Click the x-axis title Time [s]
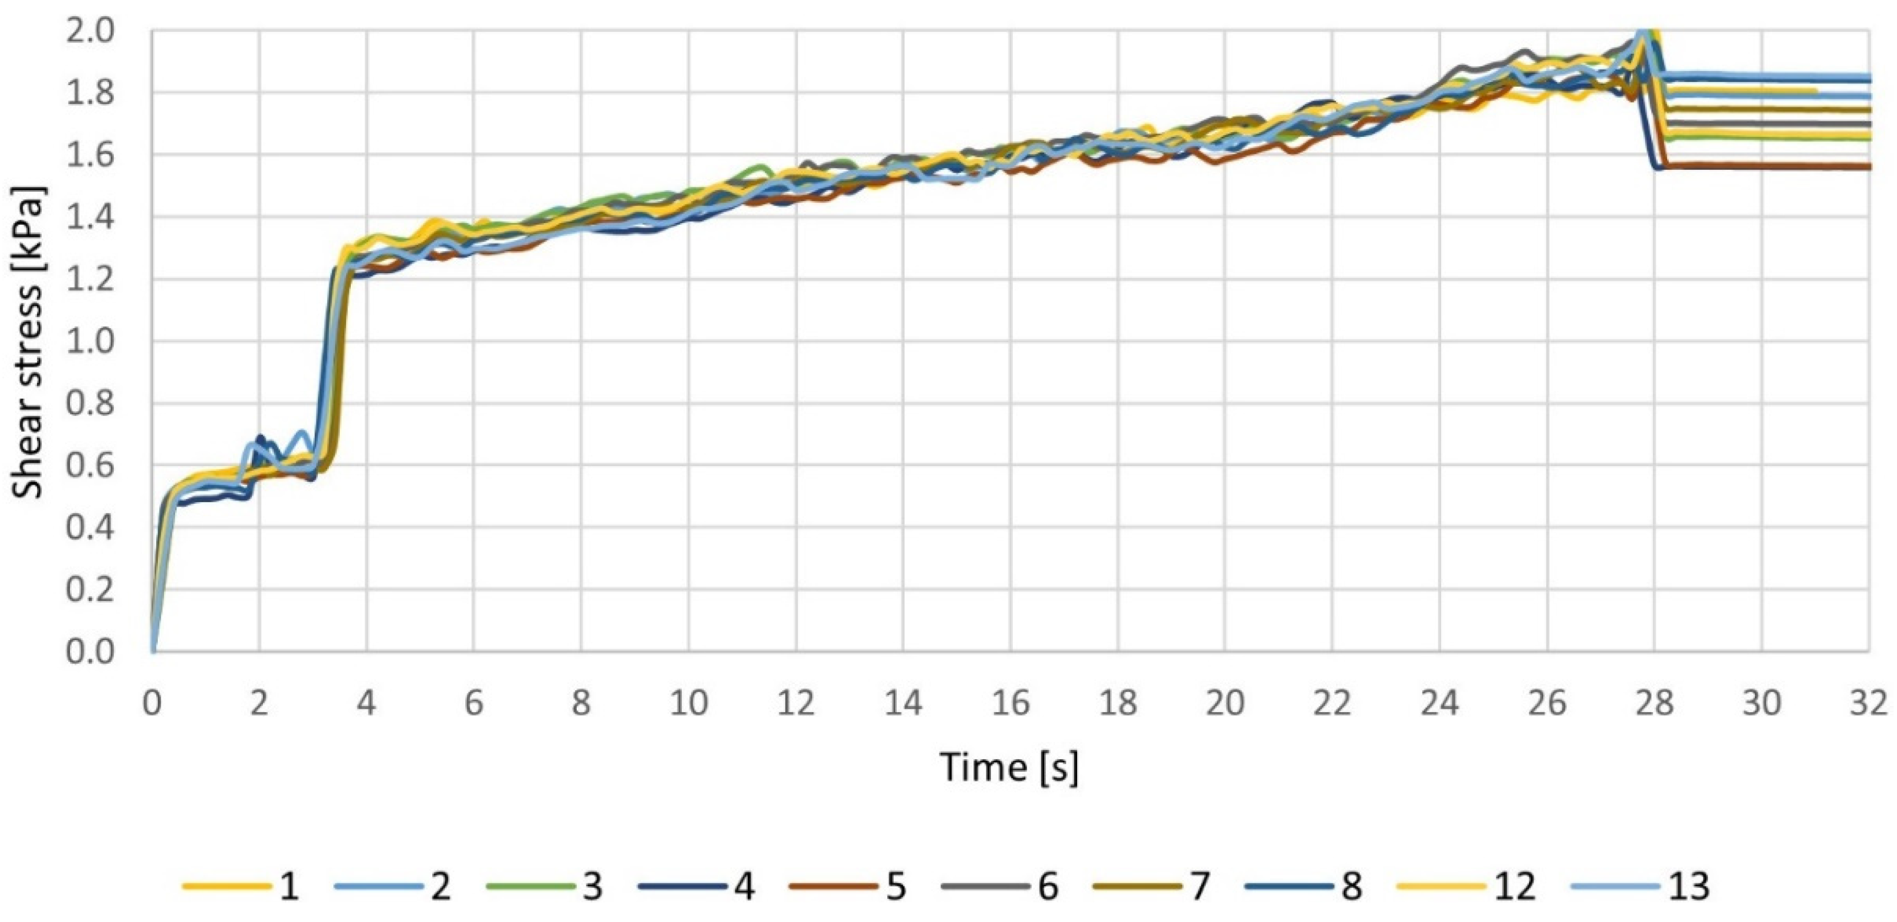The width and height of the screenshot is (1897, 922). (1009, 767)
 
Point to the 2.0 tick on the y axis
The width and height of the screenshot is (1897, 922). (90, 32)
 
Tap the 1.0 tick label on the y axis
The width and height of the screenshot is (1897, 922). (90, 341)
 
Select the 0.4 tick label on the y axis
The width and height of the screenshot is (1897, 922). (90, 527)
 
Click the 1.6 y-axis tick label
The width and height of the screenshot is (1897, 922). (90, 155)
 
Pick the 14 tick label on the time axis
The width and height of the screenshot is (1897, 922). (903, 703)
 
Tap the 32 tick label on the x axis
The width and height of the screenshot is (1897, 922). (1868, 703)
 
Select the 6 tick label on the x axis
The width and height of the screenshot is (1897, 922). (473, 703)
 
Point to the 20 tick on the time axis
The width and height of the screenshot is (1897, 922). (1224, 703)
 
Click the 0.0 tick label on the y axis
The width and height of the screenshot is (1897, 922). (90, 652)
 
